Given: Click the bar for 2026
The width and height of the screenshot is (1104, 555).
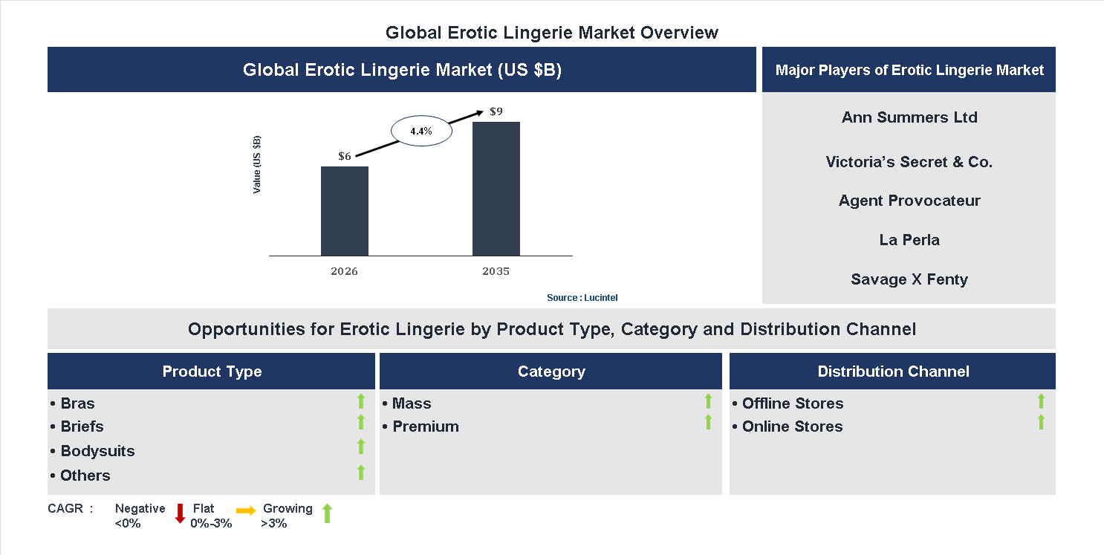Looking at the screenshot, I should (344, 211).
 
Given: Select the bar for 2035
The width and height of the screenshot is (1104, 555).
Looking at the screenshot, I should (496, 189).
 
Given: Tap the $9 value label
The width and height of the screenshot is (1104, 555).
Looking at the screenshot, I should (496, 111).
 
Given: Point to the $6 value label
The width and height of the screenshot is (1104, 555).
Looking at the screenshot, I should (345, 156).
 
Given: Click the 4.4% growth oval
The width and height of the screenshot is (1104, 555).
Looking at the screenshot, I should (421, 132).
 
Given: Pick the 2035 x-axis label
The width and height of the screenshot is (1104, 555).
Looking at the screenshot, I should (496, 271).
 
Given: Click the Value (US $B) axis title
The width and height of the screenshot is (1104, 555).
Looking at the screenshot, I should (257, 165).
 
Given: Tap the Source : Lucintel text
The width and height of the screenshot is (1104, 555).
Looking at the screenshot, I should (582, 297).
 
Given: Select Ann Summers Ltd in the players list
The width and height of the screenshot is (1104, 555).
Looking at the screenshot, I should (909, 117).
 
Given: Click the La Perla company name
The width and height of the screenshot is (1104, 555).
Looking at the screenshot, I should (909, 240).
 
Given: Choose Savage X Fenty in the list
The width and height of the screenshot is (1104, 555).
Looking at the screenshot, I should (909, 279).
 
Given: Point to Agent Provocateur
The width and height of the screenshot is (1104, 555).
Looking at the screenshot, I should (909, 201).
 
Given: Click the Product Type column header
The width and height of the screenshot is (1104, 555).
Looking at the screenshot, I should (212, 371).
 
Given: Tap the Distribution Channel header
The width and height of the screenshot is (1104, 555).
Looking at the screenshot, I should (893, 371).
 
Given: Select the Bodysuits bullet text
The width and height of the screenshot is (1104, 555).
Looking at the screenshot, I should (97, 451).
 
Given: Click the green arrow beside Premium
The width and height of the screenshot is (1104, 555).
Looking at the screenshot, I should (708, 422).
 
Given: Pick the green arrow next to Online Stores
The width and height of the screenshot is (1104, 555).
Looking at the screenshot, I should (1041, 422).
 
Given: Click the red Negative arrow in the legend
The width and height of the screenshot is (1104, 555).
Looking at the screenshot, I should (180, 513).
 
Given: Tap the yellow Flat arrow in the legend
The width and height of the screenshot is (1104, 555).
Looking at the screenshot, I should (246, 510).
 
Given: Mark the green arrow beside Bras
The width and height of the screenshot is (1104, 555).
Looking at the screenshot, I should (361, 401).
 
